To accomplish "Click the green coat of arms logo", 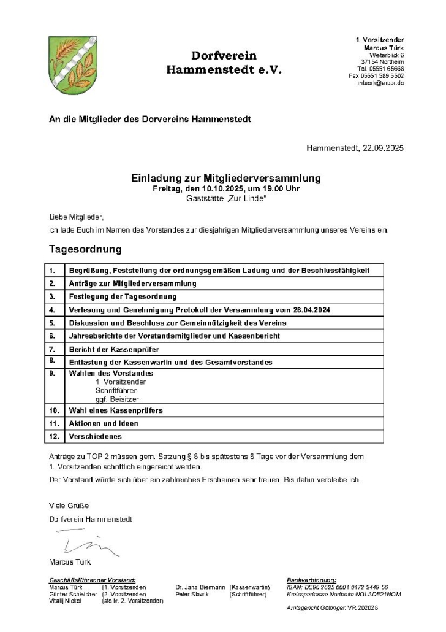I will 73,65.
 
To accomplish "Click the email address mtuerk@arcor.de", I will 380,83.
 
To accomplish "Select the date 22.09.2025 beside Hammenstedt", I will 382,148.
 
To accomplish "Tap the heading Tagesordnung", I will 85,250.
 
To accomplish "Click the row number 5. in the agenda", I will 53,323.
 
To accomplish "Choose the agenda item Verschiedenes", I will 96,437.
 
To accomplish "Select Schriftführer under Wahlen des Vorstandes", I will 116,390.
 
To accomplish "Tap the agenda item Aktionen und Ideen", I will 104,423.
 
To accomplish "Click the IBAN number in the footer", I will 337,587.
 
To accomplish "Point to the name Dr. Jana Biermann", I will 200,587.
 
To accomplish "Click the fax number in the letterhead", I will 376,75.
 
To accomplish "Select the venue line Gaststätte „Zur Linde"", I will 225,198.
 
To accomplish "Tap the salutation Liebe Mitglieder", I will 77,217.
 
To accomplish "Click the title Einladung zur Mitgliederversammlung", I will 225,179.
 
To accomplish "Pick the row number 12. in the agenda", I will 54,437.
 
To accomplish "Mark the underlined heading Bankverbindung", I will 311,580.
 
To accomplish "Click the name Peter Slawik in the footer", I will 192,594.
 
